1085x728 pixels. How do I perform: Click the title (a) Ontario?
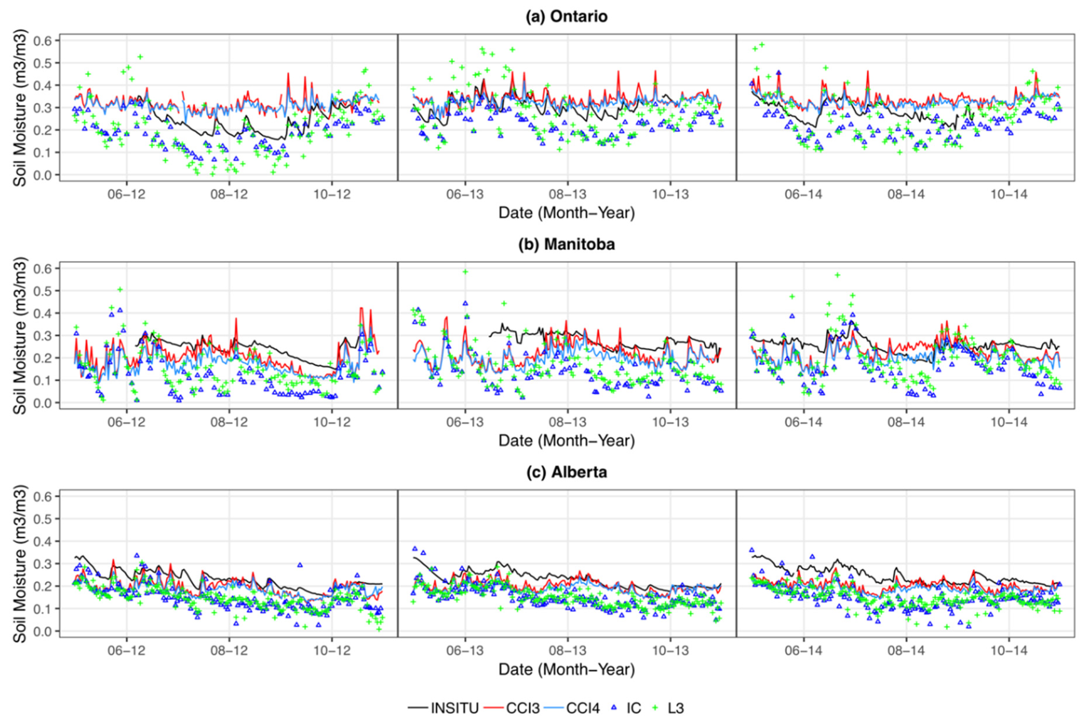point(566,16)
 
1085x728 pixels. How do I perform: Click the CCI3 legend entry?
point(512,708)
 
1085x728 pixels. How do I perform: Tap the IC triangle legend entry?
point(626,708)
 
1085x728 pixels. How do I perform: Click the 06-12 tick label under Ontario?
point(126,194)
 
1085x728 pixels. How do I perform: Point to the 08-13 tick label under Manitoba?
point(567,422)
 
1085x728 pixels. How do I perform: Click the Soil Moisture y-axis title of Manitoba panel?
point(20,335)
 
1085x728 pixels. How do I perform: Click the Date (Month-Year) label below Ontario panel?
point(566,213)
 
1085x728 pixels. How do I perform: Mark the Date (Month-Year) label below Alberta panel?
point(566,670)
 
